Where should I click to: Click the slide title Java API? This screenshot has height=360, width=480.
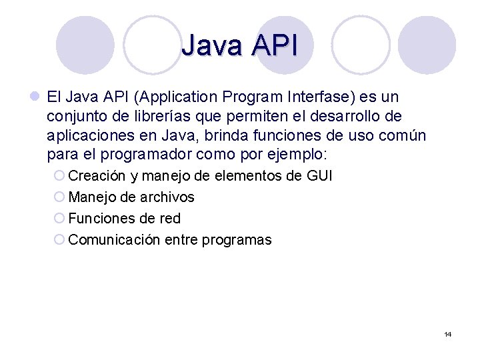[x=239, y=46]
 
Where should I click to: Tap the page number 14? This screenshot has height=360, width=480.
[x=447, y=334]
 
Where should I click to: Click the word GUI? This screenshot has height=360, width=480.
[x=318, y=176]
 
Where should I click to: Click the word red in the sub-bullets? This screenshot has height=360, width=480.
[x=170, y=219]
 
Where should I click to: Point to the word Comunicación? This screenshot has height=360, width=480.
[x=114, y=240]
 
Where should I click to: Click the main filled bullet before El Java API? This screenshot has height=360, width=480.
[x=35, y=97]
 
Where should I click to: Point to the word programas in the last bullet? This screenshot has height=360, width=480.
[x=241, y=240]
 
